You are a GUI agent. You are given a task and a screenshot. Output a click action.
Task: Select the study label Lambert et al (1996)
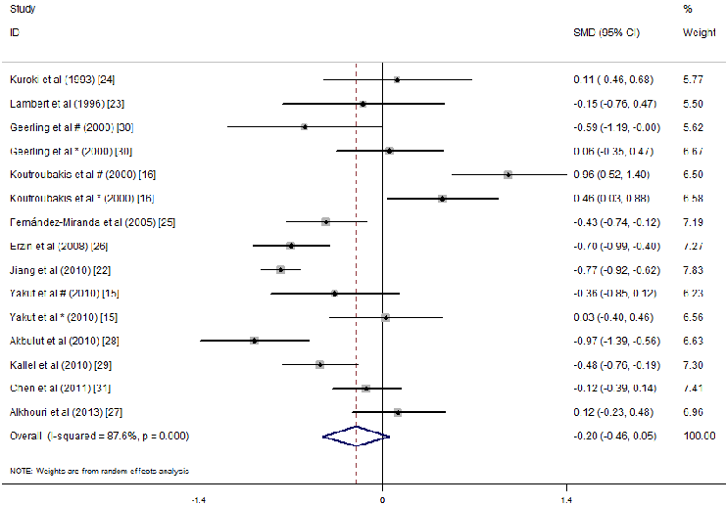tap(67, 103)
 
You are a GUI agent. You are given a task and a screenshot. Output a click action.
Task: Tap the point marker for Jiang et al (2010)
tap(280, 269)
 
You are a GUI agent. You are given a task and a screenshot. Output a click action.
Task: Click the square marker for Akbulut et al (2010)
tap(255, 341)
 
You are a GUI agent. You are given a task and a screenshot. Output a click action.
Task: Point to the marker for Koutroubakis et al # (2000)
tap(508, 174)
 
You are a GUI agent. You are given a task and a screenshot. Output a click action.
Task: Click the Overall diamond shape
tap(356, 436)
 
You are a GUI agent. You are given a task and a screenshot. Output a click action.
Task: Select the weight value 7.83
tap(700, 269)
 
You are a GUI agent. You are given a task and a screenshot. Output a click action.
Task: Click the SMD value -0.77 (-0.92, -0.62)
tap(615, 269)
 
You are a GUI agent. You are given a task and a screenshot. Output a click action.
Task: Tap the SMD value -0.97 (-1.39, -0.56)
tap(615, 341)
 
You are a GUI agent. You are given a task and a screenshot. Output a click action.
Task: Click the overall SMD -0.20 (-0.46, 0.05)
tap(615, 436)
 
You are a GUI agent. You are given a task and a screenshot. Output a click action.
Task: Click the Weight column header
tap(699, 32)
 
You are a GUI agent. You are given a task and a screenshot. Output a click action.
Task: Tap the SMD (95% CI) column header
tap(605, 32)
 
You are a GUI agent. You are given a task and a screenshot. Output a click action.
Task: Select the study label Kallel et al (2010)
tap(65, 364)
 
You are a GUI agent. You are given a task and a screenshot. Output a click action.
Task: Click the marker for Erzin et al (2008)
tap(290, 246)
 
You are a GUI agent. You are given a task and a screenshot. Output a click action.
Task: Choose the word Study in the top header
tap(21, 9)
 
